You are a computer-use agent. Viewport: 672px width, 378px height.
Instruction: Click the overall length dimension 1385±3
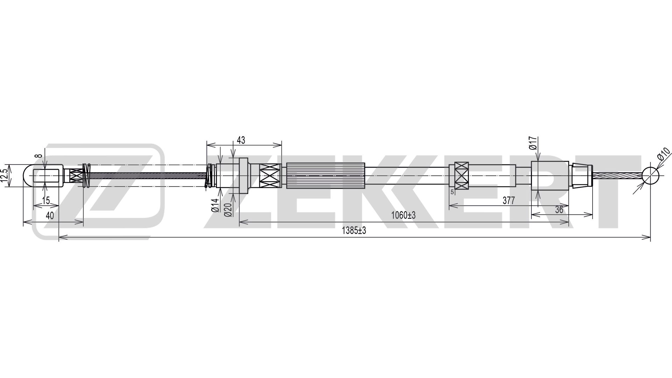coord(353,231)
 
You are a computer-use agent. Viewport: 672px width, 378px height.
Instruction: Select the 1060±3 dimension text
coord(403,215)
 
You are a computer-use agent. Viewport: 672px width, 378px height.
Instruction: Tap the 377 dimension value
coord(509,201)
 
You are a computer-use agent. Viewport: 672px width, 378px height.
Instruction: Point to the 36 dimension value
coord(559,210)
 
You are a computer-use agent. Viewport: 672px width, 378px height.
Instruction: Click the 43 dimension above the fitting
coord(241,140)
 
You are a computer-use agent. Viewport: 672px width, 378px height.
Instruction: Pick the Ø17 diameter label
coord(533,143)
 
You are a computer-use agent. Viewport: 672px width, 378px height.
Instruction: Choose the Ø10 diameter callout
coord(663,154)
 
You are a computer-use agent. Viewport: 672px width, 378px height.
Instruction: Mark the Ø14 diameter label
coord(215,205)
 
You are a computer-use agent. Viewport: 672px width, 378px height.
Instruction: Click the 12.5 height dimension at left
coord(4,176)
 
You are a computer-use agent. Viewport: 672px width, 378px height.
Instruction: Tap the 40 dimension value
coord(50,216)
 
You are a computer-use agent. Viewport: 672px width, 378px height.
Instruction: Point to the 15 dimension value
coord(46,201)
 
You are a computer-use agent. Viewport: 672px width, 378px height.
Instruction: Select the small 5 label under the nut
coord(452,192)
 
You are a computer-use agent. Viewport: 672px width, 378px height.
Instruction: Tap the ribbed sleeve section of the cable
coord(325,176)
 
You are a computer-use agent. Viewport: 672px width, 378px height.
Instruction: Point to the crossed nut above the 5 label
coord(461,176)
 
